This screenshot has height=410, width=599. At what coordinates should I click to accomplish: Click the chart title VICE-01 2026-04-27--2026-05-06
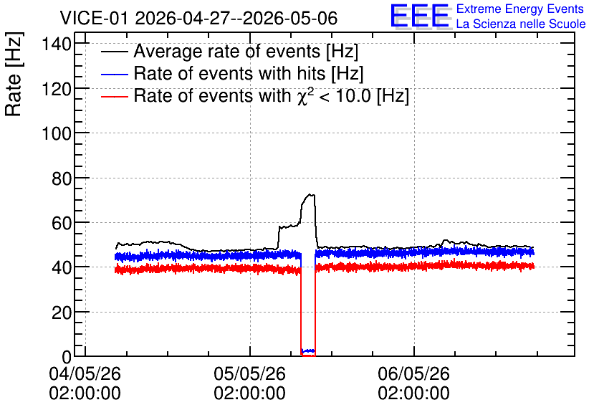pyautogui.click(x=198, y=18)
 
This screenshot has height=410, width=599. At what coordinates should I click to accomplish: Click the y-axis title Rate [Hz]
pyautogui.click(x=14, y=74)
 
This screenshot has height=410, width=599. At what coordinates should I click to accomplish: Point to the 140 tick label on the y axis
pyautogui.click(x=57, y=44)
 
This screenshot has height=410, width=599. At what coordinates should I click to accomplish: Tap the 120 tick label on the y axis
pyautogui.click(x=57, y=89)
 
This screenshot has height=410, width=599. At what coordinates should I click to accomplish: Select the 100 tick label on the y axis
pyautogui.click(x=57, y=133)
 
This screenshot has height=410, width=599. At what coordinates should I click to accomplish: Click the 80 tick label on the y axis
pyautogui.click(x=62, y=178)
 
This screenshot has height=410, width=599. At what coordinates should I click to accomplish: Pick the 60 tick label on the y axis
pyautogui.click(x=62, y=223)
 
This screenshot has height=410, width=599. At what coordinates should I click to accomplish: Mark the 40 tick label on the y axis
pyautogui.click(x=62, y=267)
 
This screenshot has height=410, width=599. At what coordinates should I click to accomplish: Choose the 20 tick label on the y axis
pyautogui.click(x=62, y=313)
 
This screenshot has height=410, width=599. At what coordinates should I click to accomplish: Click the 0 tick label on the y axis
pyautogui.click(x=67, y=357)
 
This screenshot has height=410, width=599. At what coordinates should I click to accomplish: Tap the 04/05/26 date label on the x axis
pyautogui.click(x=85, y=373)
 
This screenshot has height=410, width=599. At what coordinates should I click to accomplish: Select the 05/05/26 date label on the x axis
pyautogui.click(x=249, y=373)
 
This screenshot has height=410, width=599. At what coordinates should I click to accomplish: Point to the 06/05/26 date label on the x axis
pyautogui.click(x=413, y=373)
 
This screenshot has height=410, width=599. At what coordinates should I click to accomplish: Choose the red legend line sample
pyautogui.click(x=114, y=96)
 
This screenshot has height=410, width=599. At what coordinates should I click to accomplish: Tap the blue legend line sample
pyautogui.click(x=114, y=74)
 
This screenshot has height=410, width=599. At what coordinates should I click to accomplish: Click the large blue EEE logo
pyautogui.click(x=419, y=16)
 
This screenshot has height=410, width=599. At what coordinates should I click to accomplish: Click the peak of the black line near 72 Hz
pyautogui.click(x=310, y=194)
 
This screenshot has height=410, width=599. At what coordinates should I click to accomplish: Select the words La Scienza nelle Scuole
pyautogui.click(x=521, y=24)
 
